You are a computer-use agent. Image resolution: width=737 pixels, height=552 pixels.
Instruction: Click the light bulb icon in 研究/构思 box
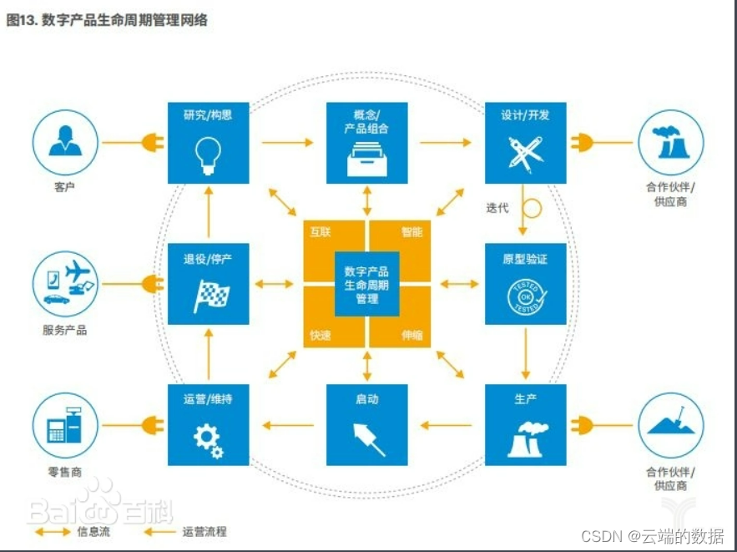[x=208, y=152]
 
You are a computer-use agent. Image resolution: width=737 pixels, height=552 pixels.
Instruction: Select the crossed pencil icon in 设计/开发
[x=525, y=153]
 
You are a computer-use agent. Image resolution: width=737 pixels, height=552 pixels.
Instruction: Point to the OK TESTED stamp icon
[x=525, y=297]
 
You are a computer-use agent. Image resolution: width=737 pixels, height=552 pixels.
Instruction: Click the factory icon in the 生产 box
[x=525, y=439]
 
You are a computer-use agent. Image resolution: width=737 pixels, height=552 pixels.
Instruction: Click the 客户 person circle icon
[x=64, y=143]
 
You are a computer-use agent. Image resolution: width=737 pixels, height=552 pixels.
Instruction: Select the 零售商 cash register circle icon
[x=64, y=427]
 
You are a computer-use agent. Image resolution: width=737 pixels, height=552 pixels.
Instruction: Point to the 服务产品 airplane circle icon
[x=64, y=284]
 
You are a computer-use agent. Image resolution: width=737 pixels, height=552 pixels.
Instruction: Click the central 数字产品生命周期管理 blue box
[x=366, y=284]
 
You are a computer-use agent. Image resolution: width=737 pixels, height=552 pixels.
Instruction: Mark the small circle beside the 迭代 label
[x=532, y=206]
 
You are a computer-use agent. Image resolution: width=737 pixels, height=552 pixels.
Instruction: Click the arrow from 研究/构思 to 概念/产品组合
[x=287, y=143]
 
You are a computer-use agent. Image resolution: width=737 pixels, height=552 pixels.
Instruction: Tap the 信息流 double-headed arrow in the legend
[x=52, y=531]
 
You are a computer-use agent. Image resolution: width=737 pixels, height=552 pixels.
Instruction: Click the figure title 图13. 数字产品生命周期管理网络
[x=107, y=21]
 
